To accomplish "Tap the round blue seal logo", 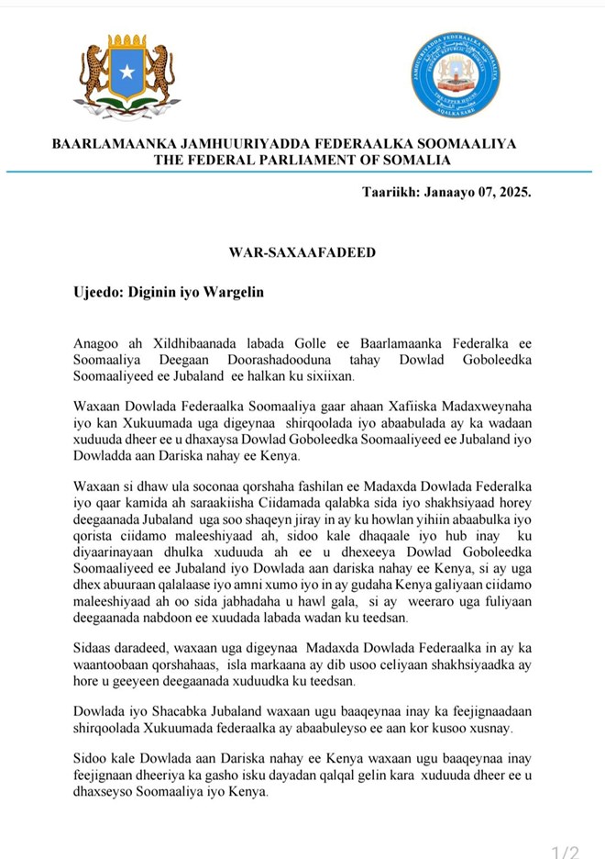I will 455,75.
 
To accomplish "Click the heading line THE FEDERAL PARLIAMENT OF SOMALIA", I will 302,160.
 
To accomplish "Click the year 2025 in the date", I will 511,194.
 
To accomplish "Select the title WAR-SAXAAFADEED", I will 302,252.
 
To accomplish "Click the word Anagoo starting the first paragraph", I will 98,342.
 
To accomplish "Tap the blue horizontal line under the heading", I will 302,172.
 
